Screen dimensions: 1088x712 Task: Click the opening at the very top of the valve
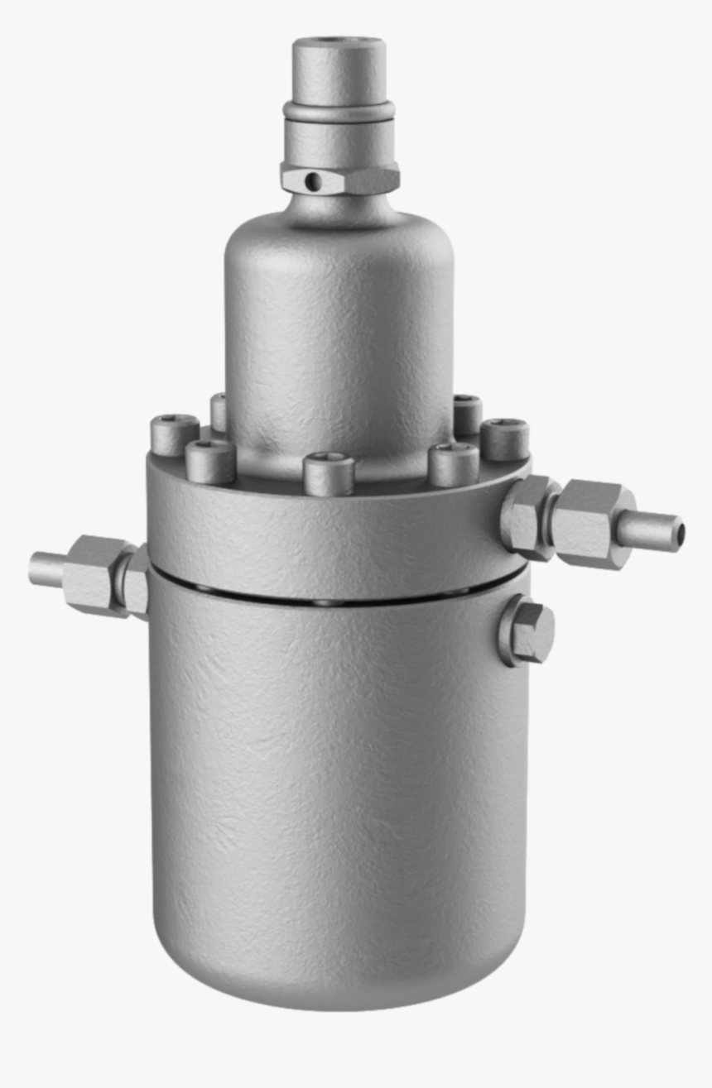pyautogui.click(x=339, y=41)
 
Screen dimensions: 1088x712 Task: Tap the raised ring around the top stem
pyautogui.click(x=339, y=110)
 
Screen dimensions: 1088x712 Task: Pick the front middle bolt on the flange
pyautogui.click(x=329, y=474)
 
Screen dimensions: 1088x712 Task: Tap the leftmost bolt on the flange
pyautogui.click(x=174, y=434)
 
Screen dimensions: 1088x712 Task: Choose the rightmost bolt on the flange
pyautogui.click(x=505, y=439)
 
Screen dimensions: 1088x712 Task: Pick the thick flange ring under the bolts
pyautogui.click(x=331, y=530)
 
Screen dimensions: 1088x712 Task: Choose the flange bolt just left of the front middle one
pyautogui.click(x=210, y=460)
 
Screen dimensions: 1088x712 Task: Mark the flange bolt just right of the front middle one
pyautogui.click(x=454, y=463)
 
